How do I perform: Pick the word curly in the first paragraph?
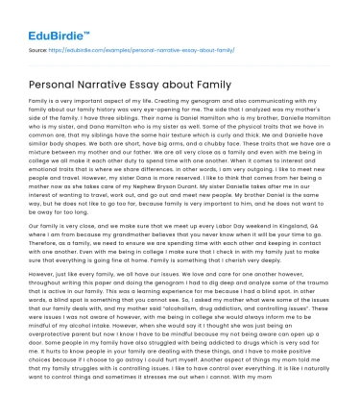coord(222,129)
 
